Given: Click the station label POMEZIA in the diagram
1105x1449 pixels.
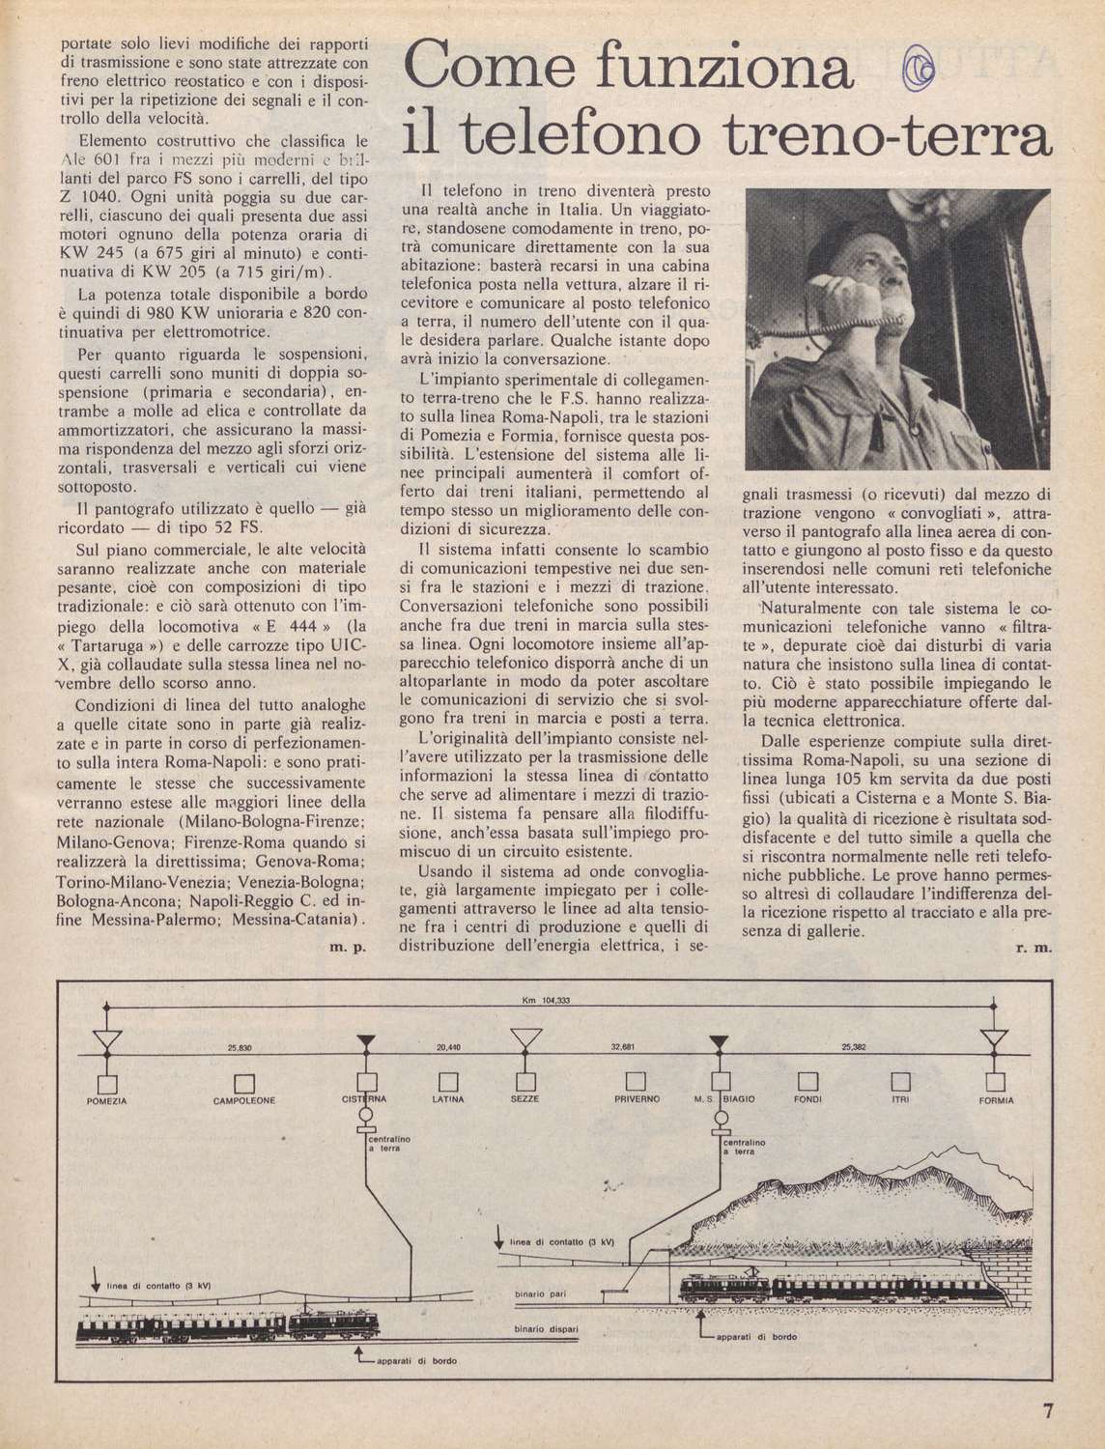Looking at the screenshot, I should coord(108,1100).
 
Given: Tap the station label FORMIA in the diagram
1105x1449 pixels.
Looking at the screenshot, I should coord(996,1100).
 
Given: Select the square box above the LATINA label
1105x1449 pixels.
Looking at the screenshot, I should coord(447,1079).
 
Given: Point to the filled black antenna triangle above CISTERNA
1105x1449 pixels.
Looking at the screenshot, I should coord(367,1039).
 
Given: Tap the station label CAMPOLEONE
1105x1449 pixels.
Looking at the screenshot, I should coord(244,1100).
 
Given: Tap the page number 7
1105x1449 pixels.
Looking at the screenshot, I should coord(1050,1409).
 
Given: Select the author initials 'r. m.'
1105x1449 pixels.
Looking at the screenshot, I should coord(1034,949).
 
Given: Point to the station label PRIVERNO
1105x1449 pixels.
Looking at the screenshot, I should coord(637,1100).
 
